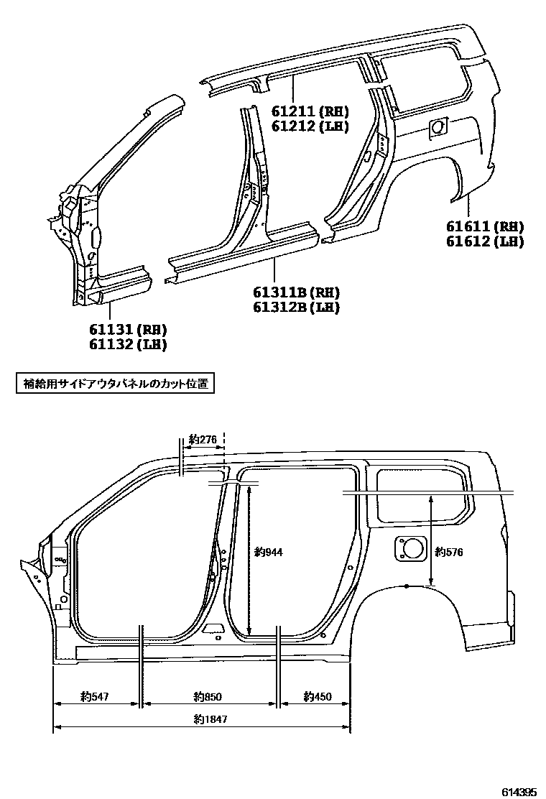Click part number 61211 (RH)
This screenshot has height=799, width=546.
tap(310, 111)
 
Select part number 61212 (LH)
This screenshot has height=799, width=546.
tap(310, 126)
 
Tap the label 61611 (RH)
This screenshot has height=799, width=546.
tap(484, 226)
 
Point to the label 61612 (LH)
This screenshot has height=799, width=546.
tap(484, 241)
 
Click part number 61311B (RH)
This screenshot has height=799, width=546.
tap(295, 292)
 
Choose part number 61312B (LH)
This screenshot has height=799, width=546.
tap(295, 308)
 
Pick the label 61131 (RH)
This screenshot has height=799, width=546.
tap(128, 330)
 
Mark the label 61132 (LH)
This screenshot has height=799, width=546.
tap(128, 345)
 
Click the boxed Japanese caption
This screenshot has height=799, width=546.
tap(115, 384)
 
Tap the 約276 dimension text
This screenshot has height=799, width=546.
tap(203, 440)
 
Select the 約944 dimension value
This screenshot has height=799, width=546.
tap(269, 553)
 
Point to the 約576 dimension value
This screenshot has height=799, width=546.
tap(449, 552)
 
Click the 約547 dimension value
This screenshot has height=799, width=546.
tap(95, 696)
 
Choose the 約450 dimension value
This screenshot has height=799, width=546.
tap(318, 696)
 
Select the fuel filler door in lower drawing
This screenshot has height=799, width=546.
tap(409, 548)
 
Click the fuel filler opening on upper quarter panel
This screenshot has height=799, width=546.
tap(437, 129)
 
